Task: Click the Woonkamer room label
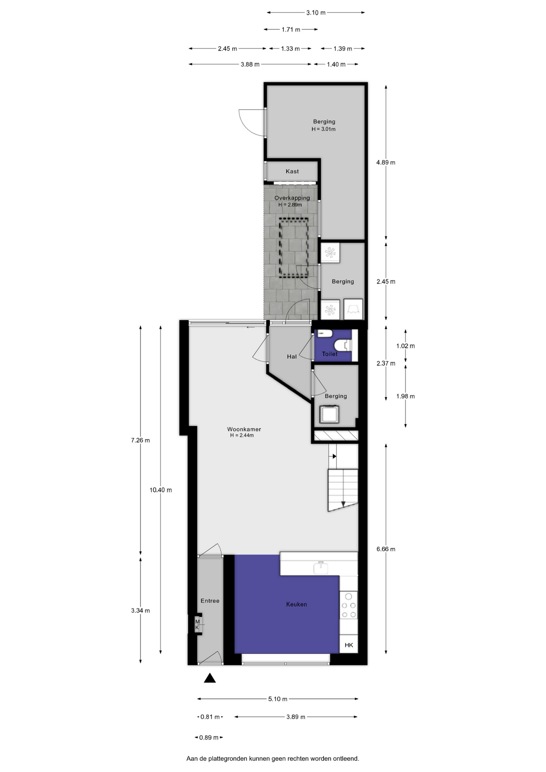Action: [244, 429]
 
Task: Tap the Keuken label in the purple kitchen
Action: [297, 604]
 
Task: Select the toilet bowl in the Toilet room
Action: [343, 345]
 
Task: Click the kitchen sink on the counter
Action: [320, 567]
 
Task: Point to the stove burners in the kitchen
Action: [349, 605]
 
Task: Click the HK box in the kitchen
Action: [349, 645]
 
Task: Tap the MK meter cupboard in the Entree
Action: [198, 624]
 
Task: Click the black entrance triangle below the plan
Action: [210, 678]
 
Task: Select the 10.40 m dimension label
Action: [160, 490]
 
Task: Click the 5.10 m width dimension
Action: [278, 699]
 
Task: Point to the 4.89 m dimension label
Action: [386, 162]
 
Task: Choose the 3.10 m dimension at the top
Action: [316, 12]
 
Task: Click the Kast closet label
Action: [292, 171]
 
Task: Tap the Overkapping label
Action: [292, 198]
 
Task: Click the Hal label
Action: [292, 356]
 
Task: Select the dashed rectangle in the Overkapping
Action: [294, 248]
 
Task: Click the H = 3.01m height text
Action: [324, 129]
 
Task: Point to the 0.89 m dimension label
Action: [209, 737]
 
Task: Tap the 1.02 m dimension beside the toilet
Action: [405, 346]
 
